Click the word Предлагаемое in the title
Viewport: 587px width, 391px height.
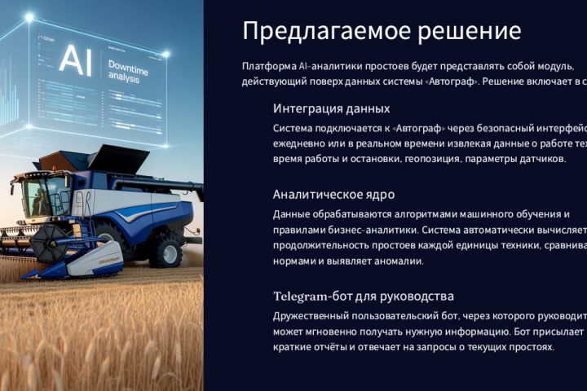[312, 32]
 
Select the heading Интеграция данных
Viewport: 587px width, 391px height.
[331, 108]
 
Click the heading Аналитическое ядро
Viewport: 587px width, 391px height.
[333, 195]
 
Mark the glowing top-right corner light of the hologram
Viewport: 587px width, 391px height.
[166, 55]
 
